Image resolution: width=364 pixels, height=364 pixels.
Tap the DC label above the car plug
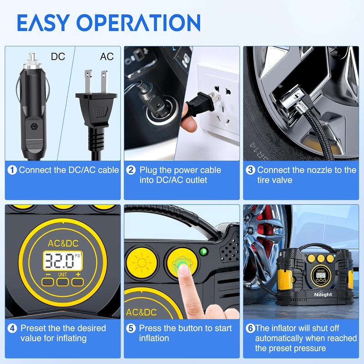click(x=58, y=56)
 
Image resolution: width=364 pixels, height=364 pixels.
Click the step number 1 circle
click(x=12, y=170)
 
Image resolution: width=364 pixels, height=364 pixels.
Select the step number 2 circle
click(x=131, y=170)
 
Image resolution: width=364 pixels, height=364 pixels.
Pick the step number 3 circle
click(x=250, y=170)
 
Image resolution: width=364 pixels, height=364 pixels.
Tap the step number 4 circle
click(x=12, y=328)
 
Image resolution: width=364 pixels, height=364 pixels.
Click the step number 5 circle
click(x=131, y=328)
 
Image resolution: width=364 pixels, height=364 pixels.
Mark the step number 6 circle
click(x=250, y=328)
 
